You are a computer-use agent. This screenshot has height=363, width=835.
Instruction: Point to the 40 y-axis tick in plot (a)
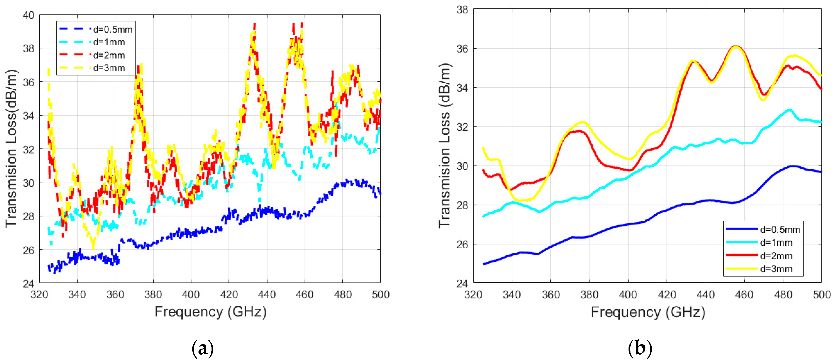click(28, 15)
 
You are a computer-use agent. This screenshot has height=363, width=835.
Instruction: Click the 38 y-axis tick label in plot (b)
click(463, 10)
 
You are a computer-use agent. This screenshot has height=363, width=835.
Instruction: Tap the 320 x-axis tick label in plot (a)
click(39, 295)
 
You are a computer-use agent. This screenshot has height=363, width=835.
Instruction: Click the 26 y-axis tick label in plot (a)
click(28, 250)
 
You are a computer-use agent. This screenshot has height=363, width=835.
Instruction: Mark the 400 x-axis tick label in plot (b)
click(628, 295)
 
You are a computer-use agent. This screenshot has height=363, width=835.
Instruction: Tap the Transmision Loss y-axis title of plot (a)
click(11, 148)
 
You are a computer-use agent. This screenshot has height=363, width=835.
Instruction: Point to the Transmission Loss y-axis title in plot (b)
click(445, 146)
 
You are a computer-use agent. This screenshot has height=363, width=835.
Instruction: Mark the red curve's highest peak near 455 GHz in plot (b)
click(736, 46)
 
